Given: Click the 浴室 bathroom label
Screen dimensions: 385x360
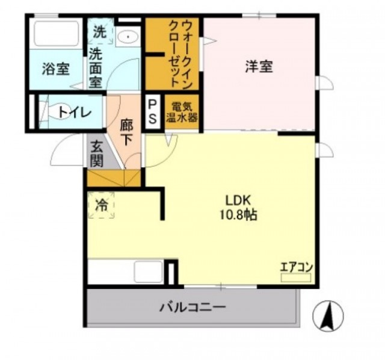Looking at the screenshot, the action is tap(55, 69).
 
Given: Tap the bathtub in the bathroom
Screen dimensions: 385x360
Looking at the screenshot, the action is tap(56, 34).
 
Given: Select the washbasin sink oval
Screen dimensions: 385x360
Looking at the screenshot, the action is tap(128, 37).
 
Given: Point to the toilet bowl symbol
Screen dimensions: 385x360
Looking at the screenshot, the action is tap(59, 112).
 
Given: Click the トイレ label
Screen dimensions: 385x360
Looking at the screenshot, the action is tap(75, 113).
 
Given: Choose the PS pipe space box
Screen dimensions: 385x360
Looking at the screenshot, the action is tap(152, 112).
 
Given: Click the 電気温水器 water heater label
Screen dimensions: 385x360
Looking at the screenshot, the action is tap(182, 112).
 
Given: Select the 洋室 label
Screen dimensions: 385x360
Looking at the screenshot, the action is tap(259, 66).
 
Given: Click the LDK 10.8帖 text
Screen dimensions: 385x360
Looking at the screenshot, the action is tap(238, 208).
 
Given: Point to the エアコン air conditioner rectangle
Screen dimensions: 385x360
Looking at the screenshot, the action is tap(296, 278).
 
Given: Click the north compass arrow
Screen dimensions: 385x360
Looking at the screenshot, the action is tap(328, 316).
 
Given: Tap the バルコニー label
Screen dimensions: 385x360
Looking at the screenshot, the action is tap(192, 307).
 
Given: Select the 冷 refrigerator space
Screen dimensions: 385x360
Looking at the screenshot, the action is tap(101, 205).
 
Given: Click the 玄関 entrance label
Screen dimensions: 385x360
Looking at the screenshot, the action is tap(96, 154).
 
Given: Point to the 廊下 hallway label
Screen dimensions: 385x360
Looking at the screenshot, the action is tap(126, 132).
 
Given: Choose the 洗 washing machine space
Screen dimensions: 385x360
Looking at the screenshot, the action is tap(100, 31).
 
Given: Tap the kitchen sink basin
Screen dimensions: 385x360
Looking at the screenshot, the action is tap(149, 272).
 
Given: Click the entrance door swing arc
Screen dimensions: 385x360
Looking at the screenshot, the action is tap(60, 147).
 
